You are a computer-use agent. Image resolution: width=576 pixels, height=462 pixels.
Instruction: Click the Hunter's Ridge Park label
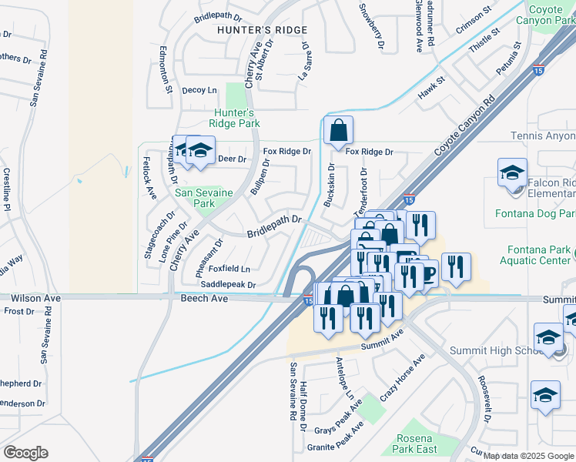click(236, 118)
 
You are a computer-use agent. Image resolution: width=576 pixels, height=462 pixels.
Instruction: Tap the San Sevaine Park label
click(204, 198)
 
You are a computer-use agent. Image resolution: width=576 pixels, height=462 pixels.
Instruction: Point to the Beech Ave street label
click(204, 298)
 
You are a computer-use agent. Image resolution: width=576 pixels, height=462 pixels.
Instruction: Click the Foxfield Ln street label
click(229, 269)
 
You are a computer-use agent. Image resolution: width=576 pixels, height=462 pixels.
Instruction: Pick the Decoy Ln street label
click(199, 90)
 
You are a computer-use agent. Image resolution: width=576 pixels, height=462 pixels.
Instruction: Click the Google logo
click(25, 452)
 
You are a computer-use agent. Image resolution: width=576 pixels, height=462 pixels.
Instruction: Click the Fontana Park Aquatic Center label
click(539, 255)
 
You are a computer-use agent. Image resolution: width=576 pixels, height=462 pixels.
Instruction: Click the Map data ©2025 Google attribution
click(528, 455)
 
